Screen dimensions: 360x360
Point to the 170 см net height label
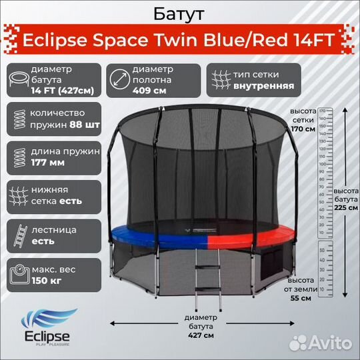(x=303, y=129)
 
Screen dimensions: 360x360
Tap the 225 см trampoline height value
(x=345, y=207)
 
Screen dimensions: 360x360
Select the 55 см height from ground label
(x=301, y=297)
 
